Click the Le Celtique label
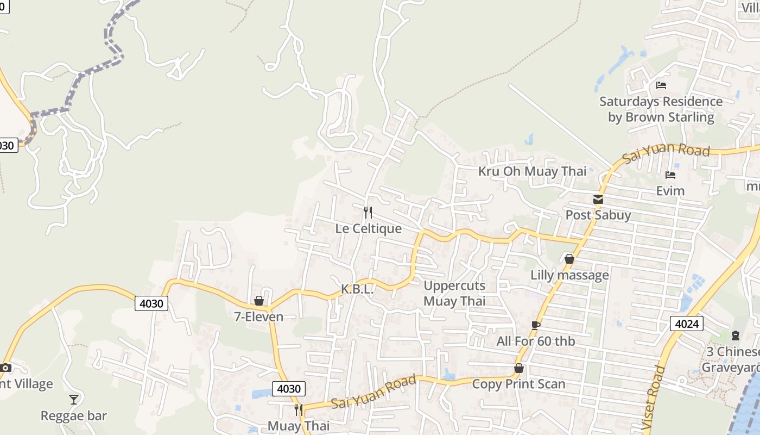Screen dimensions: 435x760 [x=368, y=228]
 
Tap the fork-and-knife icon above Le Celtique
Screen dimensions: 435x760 [x=368, y=212]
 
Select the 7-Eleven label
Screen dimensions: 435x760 [x=258, y=316]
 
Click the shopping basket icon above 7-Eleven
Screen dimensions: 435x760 [x=259, y=301]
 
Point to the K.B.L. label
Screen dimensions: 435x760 [x=357, y=289]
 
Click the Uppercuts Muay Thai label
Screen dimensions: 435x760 [x=454, y=293]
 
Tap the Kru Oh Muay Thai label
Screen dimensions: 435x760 [x=532, y=171]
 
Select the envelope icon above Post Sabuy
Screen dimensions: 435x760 [x=598, y=200]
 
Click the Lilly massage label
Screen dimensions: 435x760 [x=569, y=275]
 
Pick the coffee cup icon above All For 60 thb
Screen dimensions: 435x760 [x=535, y=325]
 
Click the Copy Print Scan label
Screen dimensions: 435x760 [x=518, y=384]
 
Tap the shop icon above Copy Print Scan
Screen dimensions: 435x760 [x=519, y=368]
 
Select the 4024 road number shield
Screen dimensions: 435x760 [x=686, y=324]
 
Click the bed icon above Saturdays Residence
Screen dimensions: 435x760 [x=661, y=85]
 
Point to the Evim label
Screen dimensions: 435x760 [x=670, y=191]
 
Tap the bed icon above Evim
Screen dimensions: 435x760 [x=670, y=175]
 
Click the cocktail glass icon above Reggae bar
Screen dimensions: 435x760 [x=74, y=400]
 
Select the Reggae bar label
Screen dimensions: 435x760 [x=74, y=416]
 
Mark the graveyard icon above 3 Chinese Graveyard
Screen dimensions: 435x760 [x=735, y=335]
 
